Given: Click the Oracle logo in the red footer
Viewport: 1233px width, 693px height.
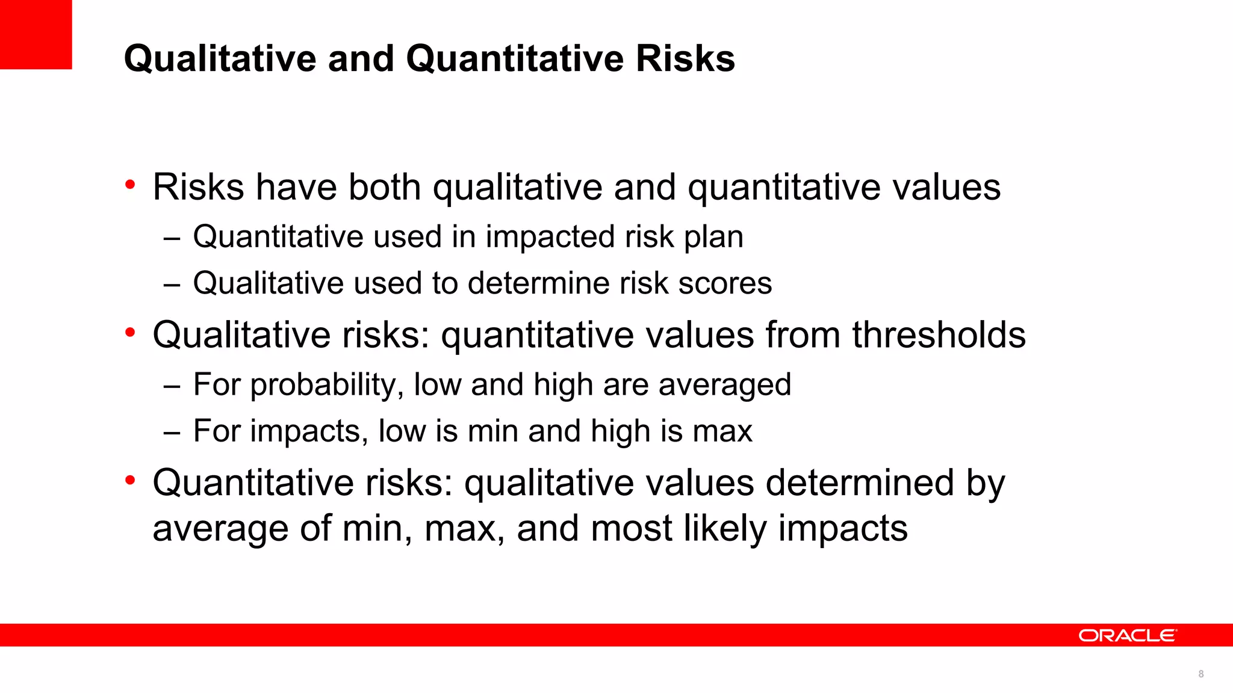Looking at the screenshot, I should pos(1126,635).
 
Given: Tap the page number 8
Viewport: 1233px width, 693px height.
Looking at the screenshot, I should pos(1200,674).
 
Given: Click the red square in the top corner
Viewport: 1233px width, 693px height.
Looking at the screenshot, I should pos(36,34).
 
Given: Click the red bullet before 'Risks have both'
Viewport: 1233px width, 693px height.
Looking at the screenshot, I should pos(130,185).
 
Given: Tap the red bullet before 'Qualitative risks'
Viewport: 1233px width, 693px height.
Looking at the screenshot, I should pos(130,333).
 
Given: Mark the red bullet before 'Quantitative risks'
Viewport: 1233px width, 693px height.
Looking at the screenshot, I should pos(130,481).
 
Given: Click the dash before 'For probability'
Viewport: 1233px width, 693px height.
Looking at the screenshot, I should pos(172,386).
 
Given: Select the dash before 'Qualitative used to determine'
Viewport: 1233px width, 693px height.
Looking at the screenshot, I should pos(172,285).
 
